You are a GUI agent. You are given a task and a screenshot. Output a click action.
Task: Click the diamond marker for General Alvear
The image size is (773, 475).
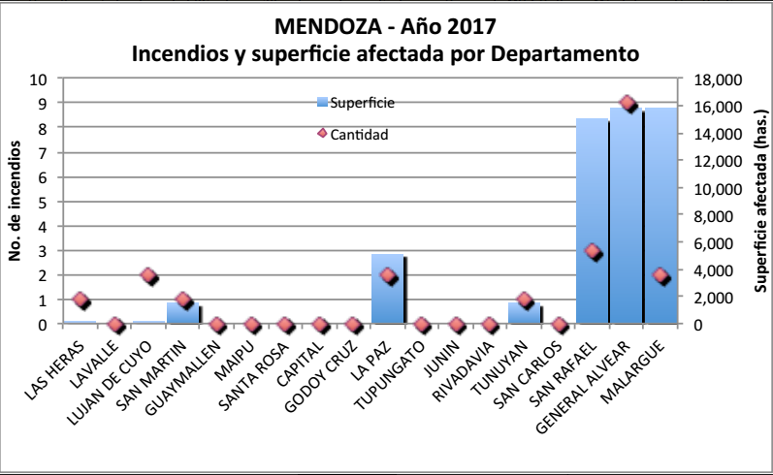pyautogui.click(x=627, y=104)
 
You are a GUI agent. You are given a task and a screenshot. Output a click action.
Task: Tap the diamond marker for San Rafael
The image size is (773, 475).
pyautogui.click(x=593, y=252)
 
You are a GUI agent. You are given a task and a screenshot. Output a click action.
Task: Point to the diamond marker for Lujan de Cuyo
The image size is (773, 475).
pyautogui.click(x=148, y=276)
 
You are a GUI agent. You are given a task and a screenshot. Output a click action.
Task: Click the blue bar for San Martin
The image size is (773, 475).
pyautogui.click(x=181, y=313)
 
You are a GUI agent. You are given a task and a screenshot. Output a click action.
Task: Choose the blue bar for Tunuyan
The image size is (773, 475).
pyautogui.click(x=524, y=313)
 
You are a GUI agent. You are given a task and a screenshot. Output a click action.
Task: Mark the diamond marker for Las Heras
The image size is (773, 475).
pyautogui.click(x=81, y=301)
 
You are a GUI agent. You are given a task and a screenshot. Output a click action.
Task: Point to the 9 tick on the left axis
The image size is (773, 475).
pyautogui.click(x=40, y=103)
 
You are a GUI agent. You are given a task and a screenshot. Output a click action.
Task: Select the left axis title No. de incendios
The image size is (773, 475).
pyautogui.click(x=16, y=202)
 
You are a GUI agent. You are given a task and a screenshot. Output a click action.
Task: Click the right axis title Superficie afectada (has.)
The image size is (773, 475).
pyautogui.click(x=759, y=202)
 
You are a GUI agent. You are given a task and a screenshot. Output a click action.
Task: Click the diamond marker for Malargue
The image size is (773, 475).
pyautogui.click(x=660, y=276)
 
